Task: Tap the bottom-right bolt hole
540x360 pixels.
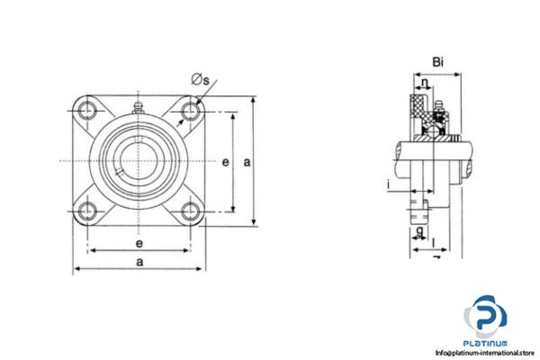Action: pos(190,212)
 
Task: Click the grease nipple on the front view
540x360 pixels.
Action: pos(138,108)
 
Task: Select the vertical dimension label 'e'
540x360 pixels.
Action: pos(226,163)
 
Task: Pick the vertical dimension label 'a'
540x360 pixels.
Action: pos(246,163)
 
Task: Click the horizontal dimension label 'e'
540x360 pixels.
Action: pos(138,243)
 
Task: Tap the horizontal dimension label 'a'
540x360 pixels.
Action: pos(138,261)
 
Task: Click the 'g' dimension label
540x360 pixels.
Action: pos(420,230)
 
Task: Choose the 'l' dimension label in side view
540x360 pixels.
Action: pos(434,241)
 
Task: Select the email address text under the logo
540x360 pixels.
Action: pos(486,353)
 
